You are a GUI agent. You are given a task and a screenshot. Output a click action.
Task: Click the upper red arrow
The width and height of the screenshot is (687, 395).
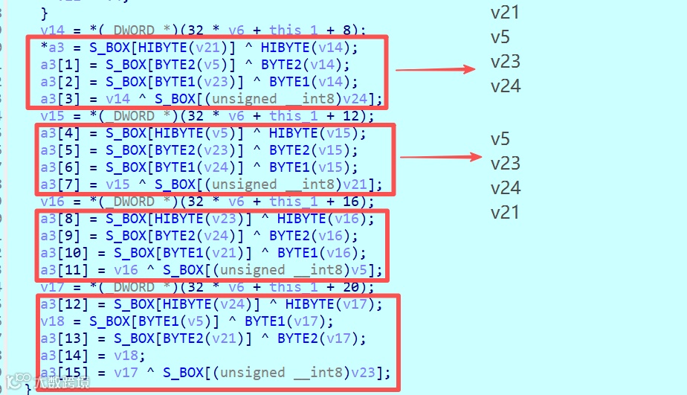(435, 70)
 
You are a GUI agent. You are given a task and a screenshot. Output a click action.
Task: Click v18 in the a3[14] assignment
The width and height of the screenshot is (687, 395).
(127, 356)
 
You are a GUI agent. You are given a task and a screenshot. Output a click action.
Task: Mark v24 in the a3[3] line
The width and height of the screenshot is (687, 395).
(366, 99)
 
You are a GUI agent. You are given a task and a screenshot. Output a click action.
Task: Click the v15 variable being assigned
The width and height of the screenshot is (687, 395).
(52, 116)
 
